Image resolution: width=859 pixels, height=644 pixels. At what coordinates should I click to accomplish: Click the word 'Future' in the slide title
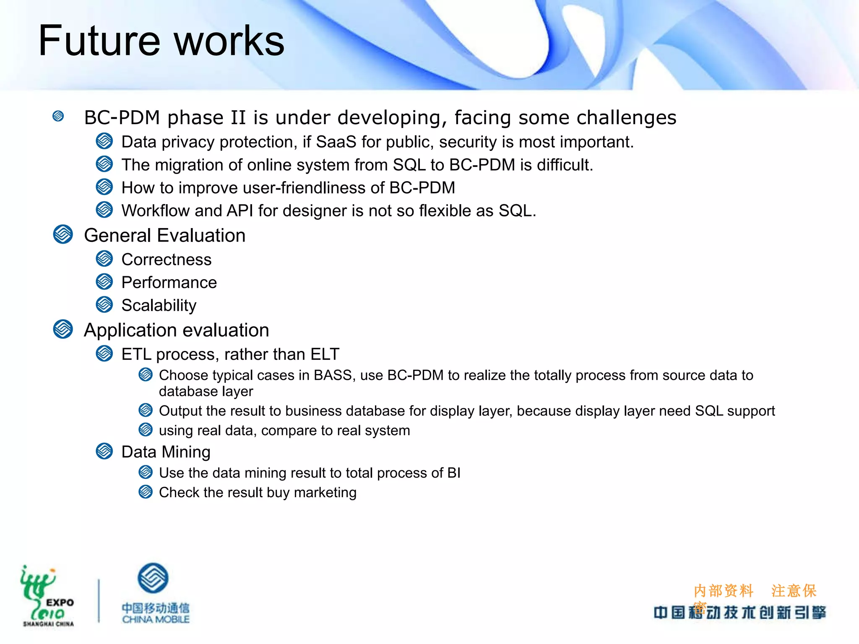(99, 41)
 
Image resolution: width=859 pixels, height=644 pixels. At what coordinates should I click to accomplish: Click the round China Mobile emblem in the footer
(153, 578)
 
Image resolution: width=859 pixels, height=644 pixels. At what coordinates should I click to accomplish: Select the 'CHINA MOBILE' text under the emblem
(156, 619)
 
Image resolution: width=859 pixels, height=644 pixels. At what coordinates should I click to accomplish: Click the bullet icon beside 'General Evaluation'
(63, 234)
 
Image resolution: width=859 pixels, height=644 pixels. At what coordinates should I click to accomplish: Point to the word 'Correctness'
(166, 260)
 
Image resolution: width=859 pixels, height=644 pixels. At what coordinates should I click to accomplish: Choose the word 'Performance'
(169, 283)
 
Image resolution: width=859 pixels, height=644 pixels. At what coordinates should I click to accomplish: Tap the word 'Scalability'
(159, 305)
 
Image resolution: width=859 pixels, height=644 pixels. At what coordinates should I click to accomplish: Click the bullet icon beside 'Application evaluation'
(63, 329)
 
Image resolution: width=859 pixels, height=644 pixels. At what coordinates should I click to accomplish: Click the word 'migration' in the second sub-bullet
(189, 165)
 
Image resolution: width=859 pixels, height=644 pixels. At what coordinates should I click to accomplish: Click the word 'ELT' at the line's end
(325, 354)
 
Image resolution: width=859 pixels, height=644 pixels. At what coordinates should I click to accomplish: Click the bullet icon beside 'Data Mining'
(104, 451)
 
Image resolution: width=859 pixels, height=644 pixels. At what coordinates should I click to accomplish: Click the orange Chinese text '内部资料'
(724, 591)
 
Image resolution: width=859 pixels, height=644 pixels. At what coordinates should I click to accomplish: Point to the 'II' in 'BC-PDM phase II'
(238, 118)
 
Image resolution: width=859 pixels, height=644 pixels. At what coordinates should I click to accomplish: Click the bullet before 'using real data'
(146, 430)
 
